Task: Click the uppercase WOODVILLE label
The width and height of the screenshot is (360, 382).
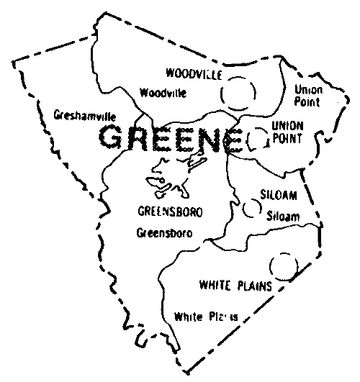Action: [193, 75]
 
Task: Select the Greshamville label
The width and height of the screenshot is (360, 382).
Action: [85, 114]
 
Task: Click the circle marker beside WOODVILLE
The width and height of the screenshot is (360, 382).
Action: [238, 91]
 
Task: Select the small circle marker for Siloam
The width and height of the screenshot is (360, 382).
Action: [251, 208]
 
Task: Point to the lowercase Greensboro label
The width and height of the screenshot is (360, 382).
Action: [168, 233]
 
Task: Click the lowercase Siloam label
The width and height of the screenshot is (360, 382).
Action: [282, 215]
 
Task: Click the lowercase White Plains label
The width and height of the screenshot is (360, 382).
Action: [206, 316]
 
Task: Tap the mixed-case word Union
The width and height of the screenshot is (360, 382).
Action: [309, 90]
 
